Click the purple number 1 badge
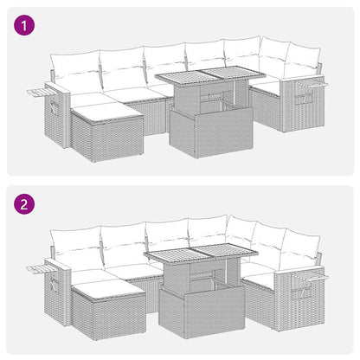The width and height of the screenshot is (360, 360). coord(27,26)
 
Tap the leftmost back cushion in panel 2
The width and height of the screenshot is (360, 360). coord(76,245)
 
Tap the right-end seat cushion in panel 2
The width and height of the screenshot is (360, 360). coord(260,276)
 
